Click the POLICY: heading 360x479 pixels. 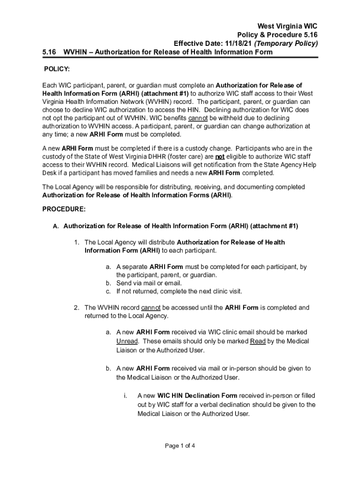click(x=57, y=69)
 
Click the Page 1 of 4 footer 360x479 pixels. click(x=180, y=446)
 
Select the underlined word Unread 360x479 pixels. click(x=127, y=341)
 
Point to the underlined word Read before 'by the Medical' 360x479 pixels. click(x=258, y=341)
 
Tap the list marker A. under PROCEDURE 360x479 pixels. click(x=56, y=226)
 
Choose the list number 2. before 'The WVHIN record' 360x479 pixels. click(x=76, y=308)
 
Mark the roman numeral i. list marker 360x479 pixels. click(x=126, y=396)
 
